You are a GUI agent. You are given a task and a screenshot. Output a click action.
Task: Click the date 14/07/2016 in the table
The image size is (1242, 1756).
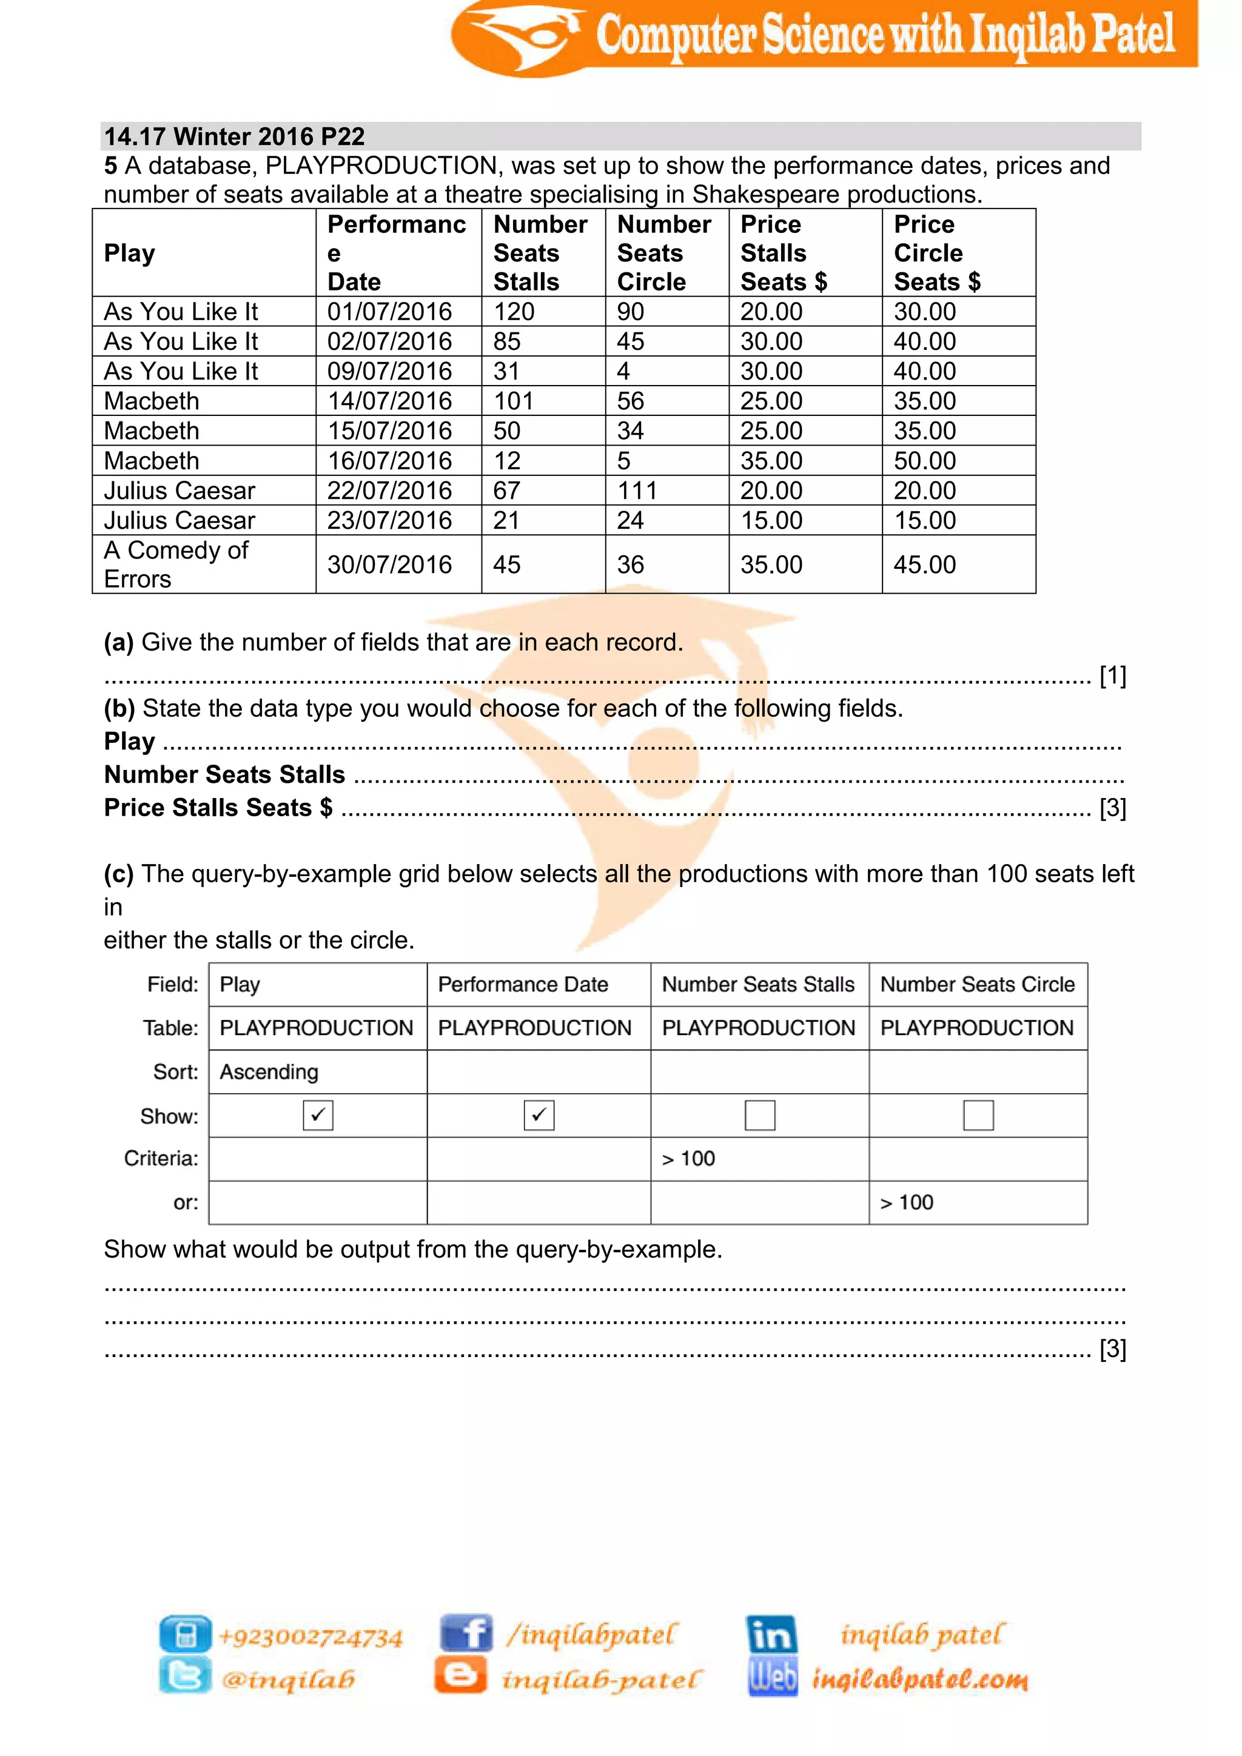pos(389,401)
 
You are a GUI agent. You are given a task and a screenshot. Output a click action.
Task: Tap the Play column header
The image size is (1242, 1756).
pos(129,253)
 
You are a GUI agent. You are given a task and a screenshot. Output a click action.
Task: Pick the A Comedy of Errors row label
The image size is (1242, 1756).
pos(176,565)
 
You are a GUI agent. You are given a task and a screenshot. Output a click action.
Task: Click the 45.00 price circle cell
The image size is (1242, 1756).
pos(925,565)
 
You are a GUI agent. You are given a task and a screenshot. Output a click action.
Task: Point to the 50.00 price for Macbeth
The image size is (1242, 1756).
pos(925,460)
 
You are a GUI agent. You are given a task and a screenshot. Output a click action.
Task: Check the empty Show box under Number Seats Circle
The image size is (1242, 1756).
pos(978,1115)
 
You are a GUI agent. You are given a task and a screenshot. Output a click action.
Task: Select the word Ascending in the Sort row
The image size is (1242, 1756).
pos(269,1072)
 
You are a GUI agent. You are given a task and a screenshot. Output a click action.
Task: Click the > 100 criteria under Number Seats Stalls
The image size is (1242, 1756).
pos(688,1159)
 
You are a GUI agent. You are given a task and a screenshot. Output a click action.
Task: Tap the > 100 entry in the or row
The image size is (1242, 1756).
pos(907,1203)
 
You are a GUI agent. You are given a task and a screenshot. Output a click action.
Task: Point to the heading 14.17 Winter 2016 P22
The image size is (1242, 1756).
pos(234,136)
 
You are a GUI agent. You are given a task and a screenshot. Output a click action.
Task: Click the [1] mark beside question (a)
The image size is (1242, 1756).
pos(1113,675)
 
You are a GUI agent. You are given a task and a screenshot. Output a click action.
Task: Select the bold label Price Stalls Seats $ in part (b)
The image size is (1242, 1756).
pos(218,808)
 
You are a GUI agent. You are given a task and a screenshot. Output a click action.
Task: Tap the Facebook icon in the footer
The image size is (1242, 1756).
pos(466,1633)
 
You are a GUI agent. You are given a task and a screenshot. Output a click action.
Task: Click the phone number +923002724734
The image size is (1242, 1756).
pos(310,1637)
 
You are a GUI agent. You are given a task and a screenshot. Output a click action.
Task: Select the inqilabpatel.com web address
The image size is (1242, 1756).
pos(919,1680)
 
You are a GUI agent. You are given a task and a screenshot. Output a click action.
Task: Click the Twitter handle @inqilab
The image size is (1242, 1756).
pos(288,1680)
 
